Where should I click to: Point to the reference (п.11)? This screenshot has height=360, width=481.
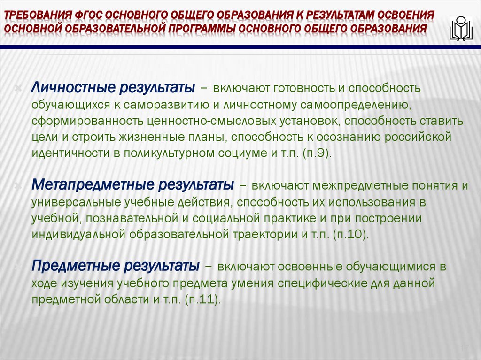(202, 299)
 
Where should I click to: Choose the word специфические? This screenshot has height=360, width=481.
(358, 283)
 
